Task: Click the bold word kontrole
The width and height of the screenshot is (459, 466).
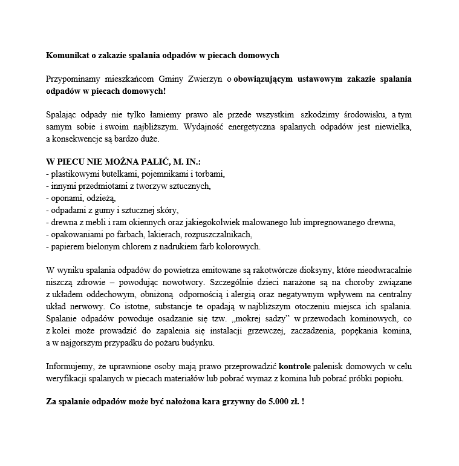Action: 295,367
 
